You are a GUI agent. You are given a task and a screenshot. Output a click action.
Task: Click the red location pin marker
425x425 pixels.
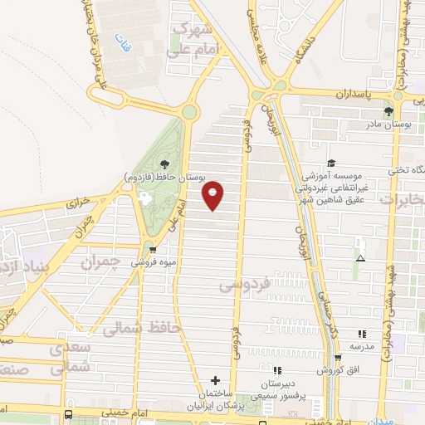[213, 195]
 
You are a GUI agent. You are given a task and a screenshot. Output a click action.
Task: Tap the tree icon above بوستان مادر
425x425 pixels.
[388, 111]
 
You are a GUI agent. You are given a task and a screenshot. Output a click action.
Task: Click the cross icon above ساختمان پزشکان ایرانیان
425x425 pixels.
[216, 379]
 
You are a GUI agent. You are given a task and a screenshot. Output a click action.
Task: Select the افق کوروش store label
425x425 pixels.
[340, 369]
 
